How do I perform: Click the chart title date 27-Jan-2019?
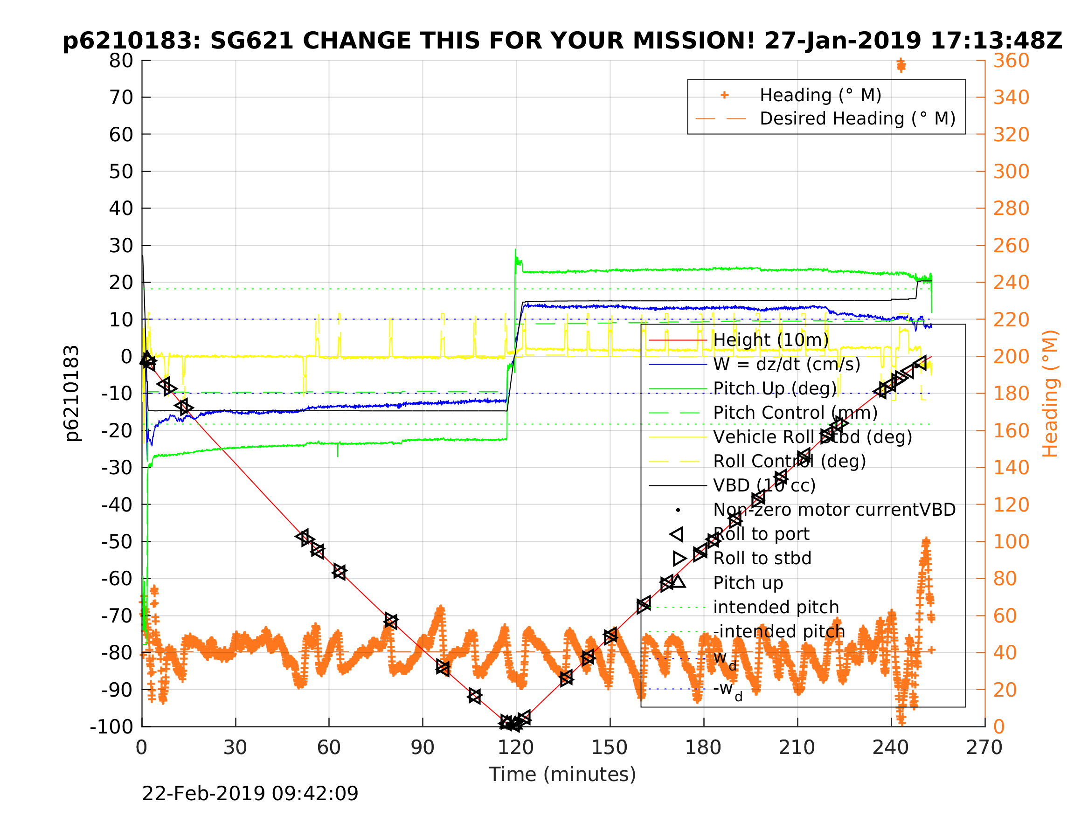pyautogui.click(x=843, y=41)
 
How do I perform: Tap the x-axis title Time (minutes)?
pyautogui.click(x=562, y=774)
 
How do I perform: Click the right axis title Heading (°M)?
pyautogui.click(x=1050, y=394)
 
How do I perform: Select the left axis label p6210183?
pyautogui.click(x=72, y=394)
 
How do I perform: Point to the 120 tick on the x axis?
pyautogui.click(x=515, y=747)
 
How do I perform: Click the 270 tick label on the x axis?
pyautogui.click(x=984, y=747)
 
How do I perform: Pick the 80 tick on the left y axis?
pyautogui.click(x=121, y=61)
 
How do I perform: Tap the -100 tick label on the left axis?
pyautogui.click(x=111, y=726)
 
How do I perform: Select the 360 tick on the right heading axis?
pyautogui.click(x=1011, y=61)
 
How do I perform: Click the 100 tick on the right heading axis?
pyautogui.click(x=1011, y=541)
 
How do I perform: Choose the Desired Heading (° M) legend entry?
pyautogui.click(x=857, y=119)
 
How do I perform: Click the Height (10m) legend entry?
pyautogui.click(x=771, y=340)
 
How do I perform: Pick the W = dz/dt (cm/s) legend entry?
pyautogui.click(x=786, y=365)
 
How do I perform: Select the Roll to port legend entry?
pyautogui.click(x=761, y=534)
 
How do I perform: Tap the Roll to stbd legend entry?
pyautogui.click(x=762, y=558)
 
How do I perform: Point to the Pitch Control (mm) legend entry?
pyautogui.click(x=795, y=413)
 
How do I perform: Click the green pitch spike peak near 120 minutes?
pyautogui.click(x=515, y=250)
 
